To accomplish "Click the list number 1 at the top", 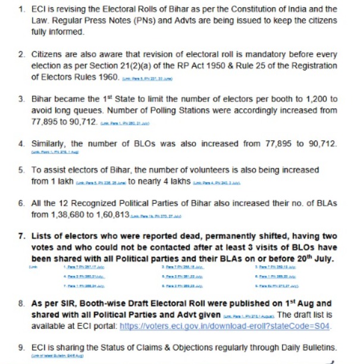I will pyautogui.click(x=21, y=10).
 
